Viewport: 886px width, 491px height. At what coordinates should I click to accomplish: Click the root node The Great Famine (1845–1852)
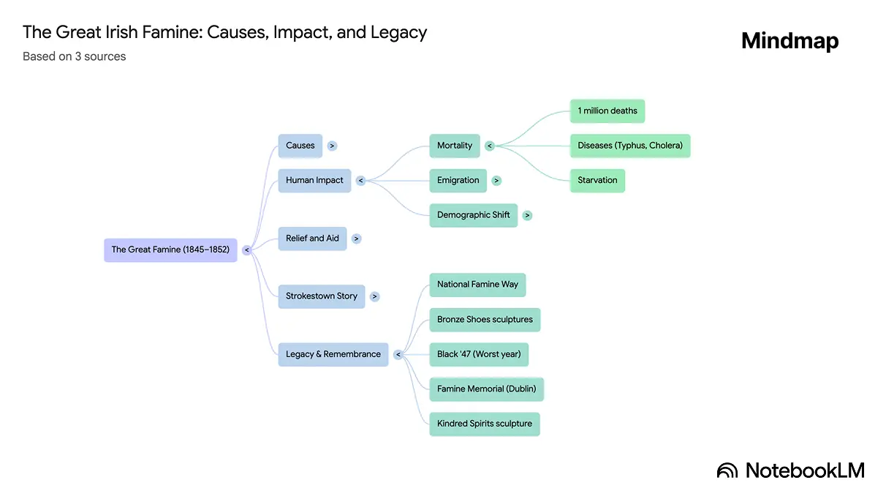coord(170,250)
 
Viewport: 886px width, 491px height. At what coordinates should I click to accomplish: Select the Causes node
coord(300,146)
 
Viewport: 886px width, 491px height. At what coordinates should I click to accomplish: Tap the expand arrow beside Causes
coord(332,146)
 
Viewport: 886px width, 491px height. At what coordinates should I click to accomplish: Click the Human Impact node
coord(314,180)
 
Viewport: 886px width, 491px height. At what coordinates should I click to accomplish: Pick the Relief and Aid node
coord(312,239)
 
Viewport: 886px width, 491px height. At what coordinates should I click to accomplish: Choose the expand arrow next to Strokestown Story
coord(374,296)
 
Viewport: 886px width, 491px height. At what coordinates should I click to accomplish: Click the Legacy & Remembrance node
coord(333,354)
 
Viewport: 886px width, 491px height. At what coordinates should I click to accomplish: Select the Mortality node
coord(455,146)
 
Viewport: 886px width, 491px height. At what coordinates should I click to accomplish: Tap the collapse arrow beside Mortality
coord(490,146)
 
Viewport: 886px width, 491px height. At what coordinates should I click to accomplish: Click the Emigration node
coord(458,180)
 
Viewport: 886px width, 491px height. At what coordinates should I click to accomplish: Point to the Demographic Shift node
coord(473,215)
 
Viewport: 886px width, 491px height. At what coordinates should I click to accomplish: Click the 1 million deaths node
coord(607,111)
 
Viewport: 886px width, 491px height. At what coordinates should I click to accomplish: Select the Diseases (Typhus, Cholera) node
coord(630,146)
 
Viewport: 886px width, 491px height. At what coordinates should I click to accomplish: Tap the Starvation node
coord(597,180)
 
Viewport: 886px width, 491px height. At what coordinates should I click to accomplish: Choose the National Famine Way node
coord(477,285)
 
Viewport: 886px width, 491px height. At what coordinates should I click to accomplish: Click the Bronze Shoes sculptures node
coord(485,320)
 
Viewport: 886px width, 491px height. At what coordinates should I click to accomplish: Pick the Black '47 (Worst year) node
coord(479,354)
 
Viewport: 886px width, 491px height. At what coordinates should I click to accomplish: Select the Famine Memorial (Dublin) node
coord(486,389)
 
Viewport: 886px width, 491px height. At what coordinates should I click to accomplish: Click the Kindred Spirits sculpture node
coord(484,424)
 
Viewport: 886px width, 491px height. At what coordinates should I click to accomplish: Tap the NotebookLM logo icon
coord(727,471)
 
